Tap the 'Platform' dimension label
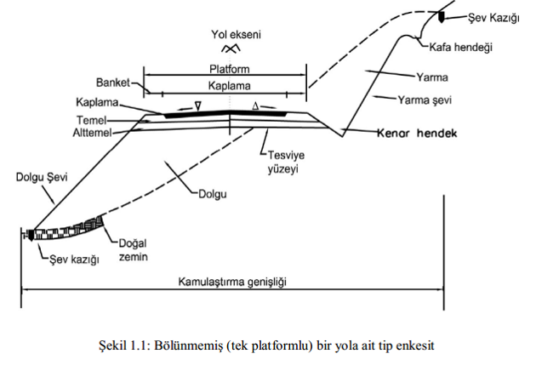point(229,71)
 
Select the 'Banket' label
point(114,83)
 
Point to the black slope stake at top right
point(442,16)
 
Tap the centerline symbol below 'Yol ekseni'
point(228,48)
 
